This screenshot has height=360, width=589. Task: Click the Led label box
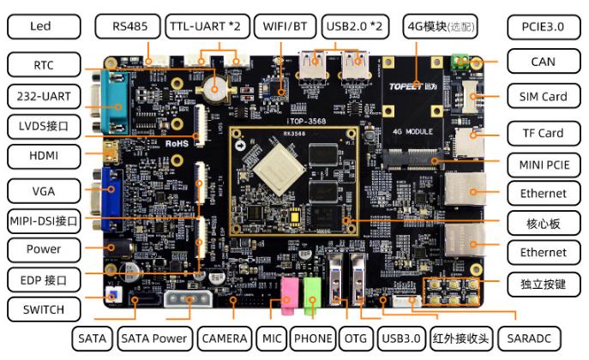[x=41, y=27]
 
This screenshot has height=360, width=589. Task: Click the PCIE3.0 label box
[x=543, y=27]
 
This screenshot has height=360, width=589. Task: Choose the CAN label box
[x=543, y=62]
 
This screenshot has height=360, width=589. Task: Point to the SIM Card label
[x=543, y=97]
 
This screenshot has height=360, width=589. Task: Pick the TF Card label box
[x=543, y=133]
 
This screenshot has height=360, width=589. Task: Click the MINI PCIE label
[x=543, y=163]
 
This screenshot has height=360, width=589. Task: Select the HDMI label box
[x=41, y=157]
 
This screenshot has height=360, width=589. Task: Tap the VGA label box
[x=41, y=189]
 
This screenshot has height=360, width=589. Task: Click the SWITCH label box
[x=41, y=309]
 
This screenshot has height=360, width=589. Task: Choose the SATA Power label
[x=153, y=339]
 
